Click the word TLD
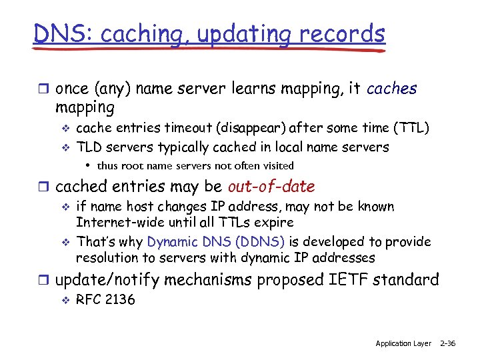point(90,147)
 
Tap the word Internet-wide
point(117,223)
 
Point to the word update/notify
point(107,280)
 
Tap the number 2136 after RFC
point(120,299)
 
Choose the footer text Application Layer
point(403,343)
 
